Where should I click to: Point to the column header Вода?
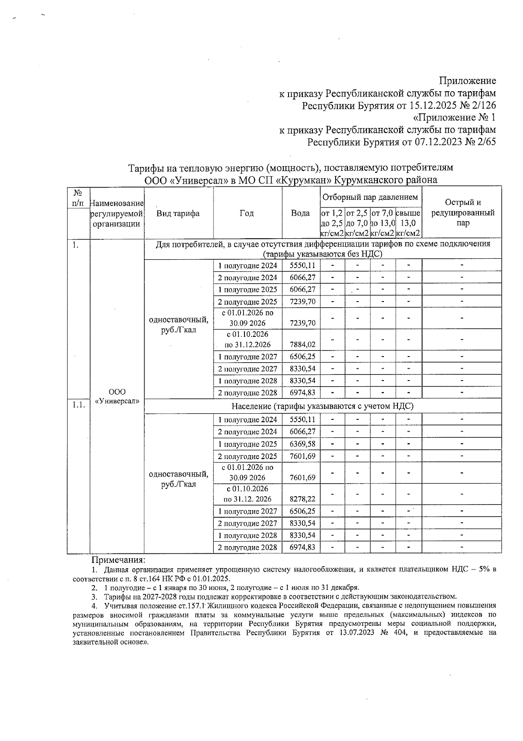tap(300, 213)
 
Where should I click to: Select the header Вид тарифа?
tap(178, 213)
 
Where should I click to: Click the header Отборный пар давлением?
tap(370, 197)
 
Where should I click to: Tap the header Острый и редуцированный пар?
tap(462, 213)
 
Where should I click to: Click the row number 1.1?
tap(78, 405)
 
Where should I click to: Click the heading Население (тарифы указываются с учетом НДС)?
tap(323, 406)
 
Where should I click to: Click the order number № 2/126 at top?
tap(478, 106)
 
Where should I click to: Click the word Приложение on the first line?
tap(467, 81)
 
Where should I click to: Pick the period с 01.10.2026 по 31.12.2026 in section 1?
tap(248, 339)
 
